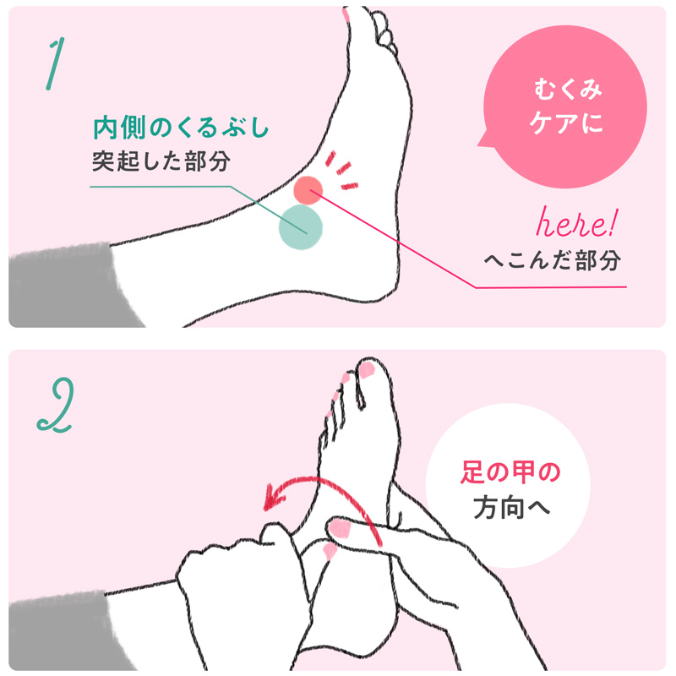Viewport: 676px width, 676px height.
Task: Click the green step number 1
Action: point(54,64)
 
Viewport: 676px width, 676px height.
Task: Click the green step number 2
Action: point(56,406)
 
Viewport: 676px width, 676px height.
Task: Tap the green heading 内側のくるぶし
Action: point(181,128)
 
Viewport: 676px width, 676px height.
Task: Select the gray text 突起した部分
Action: point(161,161)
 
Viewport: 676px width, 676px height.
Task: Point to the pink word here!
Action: point(577,223)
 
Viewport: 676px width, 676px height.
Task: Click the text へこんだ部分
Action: point(553,260)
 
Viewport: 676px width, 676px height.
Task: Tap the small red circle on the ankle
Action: point(308,190)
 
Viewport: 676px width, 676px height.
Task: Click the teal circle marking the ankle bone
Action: point(301,227)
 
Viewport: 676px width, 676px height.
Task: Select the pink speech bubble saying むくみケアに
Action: point(564,107)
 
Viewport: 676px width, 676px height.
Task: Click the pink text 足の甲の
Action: point(510,472)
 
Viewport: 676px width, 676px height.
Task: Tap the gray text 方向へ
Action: point(512,508)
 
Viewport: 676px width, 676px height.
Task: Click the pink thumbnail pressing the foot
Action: point(339,529)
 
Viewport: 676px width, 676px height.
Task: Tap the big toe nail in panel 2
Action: point(367,370)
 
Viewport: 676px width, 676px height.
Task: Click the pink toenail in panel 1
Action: point(346,14)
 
